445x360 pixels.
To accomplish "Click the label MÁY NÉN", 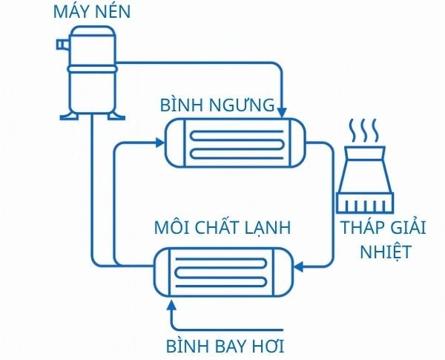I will click(88, 12).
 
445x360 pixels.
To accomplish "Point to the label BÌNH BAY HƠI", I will click(225, 345).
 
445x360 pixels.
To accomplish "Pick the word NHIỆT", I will click(385, 251).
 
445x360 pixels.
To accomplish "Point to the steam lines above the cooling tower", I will click(364, 131).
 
